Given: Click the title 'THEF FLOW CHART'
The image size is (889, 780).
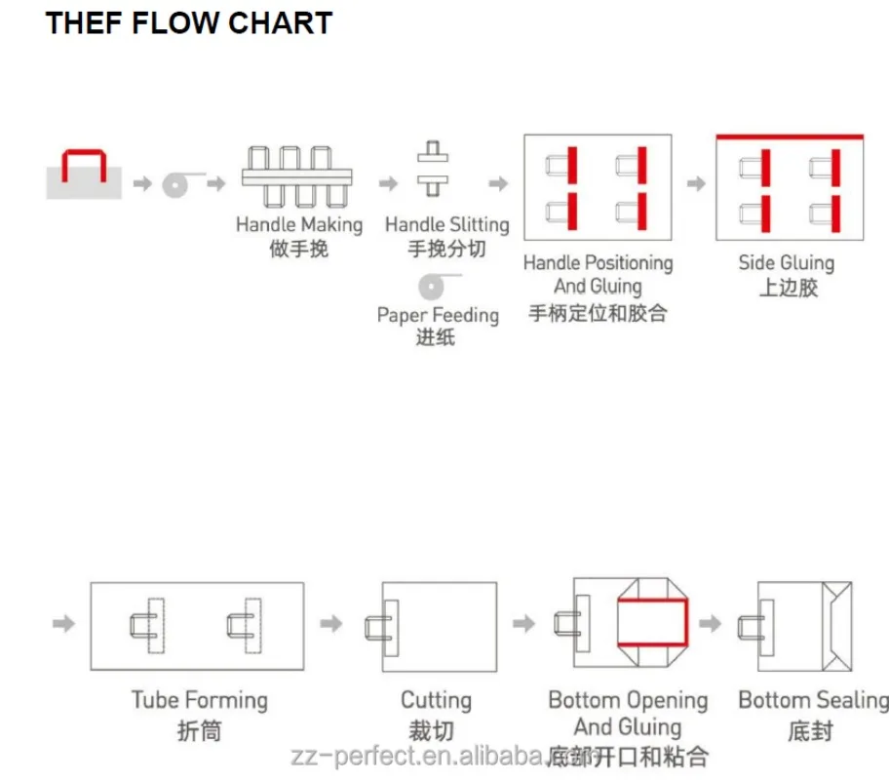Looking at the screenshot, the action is point(189,23).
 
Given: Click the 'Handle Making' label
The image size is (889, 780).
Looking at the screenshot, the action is point(299,224).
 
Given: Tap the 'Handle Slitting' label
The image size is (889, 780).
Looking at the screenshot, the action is point(447,224).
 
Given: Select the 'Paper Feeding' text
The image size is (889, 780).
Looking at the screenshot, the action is point(438,315).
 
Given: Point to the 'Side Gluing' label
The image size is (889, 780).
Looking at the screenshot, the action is point(787,263).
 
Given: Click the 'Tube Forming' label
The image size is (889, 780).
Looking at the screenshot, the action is point(200,701).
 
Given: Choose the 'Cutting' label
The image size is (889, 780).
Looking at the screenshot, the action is point(436,701).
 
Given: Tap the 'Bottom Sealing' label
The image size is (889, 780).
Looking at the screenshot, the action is point(814,701).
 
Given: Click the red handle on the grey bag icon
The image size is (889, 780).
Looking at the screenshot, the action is point(84,151).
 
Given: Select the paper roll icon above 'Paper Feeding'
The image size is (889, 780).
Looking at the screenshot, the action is point(432,287).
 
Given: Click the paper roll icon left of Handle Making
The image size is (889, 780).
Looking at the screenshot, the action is point(175,185).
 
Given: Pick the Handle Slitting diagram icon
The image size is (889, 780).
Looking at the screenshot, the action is point(433,169).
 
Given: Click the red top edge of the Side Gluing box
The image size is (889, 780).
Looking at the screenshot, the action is point(790,136).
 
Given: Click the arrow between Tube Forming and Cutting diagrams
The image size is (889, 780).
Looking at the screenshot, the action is point(331,624).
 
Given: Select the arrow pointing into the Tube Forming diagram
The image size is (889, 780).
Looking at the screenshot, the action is point(63,624).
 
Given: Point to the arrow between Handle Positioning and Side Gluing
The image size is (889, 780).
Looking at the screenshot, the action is point(696,184).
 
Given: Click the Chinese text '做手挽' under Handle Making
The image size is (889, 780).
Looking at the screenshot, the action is point(299,249).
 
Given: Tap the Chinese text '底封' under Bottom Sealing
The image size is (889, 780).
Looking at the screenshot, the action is point(811,731).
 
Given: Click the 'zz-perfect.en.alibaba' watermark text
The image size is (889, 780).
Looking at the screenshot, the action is point(418,757).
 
